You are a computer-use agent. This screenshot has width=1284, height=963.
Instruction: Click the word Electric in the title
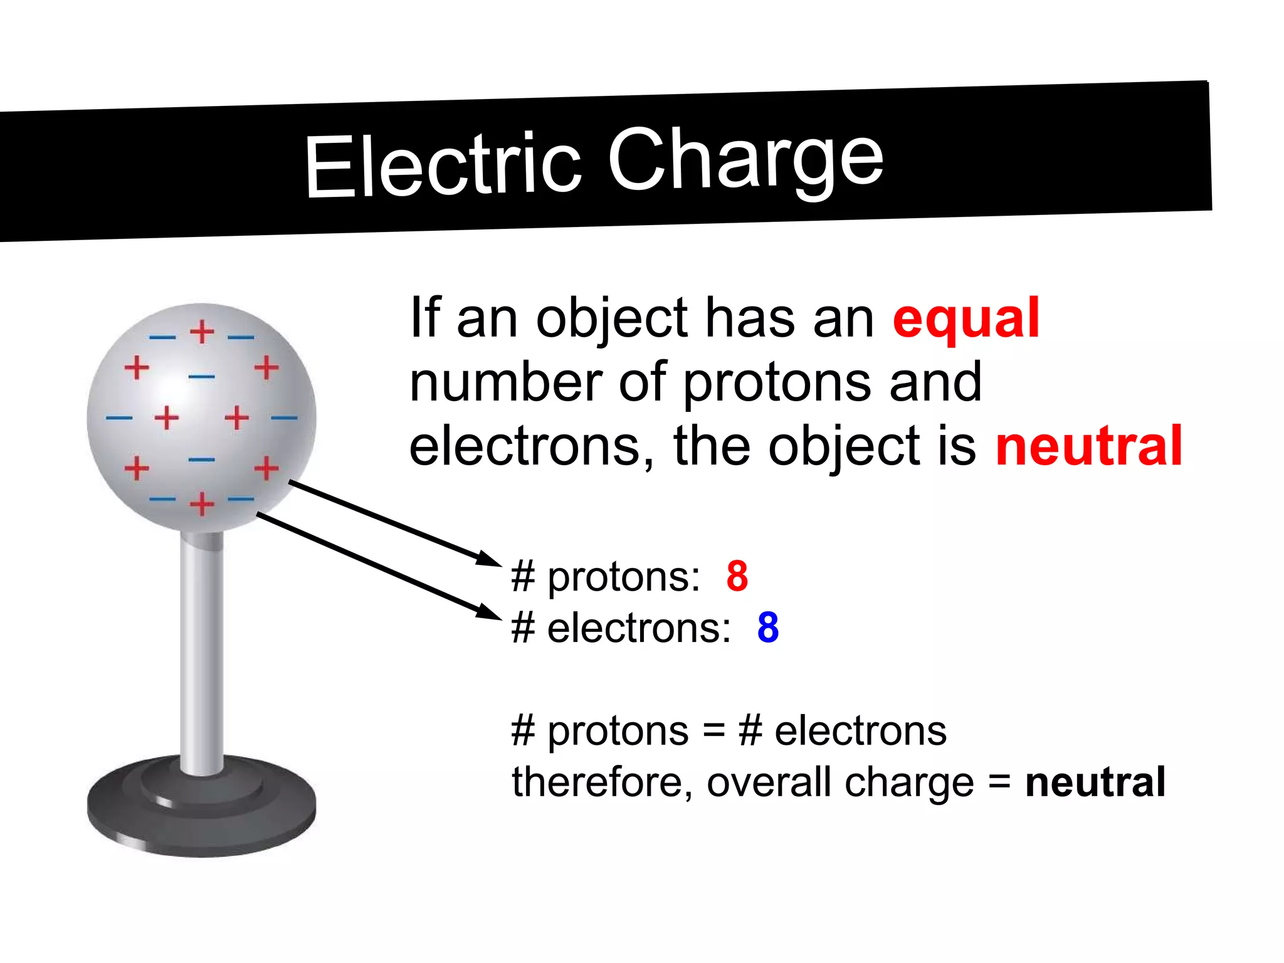pos(443,166)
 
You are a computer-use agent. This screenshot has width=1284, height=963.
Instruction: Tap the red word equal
pos(966,318)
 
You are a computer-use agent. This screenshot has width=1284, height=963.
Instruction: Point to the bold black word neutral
pos(1095,782)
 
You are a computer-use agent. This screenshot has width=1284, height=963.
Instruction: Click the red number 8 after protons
pos(737,576)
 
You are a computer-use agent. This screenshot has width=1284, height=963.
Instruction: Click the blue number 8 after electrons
pos(767,627)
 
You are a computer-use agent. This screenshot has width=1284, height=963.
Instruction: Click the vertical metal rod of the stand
pos(201,652)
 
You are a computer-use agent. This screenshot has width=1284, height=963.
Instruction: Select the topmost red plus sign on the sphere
pos(202,332)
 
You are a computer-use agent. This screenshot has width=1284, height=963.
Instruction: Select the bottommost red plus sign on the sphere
pos(202,503)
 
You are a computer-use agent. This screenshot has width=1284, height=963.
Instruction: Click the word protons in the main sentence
pos(776,383)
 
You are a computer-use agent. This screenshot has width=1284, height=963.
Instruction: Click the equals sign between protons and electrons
pos(713,731)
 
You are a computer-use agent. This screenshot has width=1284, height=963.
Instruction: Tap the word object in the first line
pos(611,318)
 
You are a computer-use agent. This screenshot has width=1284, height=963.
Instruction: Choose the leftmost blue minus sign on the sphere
pos(118,418)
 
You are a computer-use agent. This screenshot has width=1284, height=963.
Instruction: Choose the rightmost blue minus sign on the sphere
pos(284,418)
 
